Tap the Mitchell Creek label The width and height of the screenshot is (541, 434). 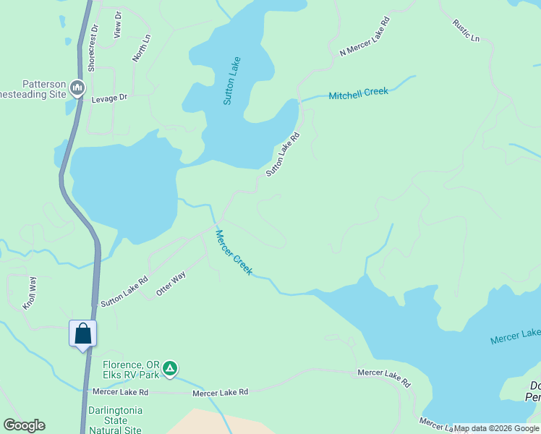tap(358, 93)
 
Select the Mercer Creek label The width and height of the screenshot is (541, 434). tap(234, 252)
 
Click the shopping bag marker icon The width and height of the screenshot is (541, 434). tap(83, 334)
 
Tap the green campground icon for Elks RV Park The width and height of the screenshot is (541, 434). tap(170, 368)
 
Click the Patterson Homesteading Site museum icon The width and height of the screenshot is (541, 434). tap(77, 89)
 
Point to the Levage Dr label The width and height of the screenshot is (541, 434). tap(109, 97)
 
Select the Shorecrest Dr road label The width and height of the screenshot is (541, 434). tap(93, 47)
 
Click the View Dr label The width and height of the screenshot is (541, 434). tap(118, 25)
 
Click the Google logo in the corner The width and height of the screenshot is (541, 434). tap(24, 425)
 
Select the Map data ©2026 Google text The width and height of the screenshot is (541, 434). tap(495, 428)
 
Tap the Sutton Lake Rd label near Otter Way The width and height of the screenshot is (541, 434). tap(124, 291)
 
